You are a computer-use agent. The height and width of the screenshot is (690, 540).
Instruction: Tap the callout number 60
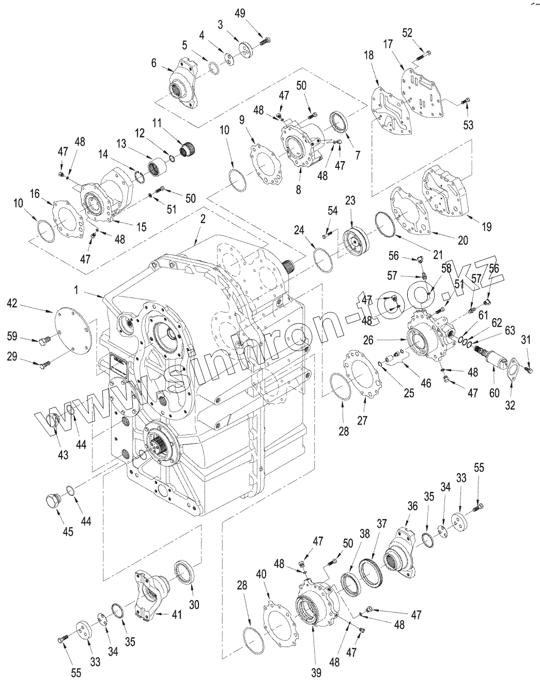pyautogui.click(x=495, y=394)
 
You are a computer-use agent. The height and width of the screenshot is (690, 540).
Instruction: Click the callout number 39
pyautogui.click(x=316, y=672)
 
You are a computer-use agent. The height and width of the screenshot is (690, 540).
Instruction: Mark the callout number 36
pyautogui.click(x=412, y=507)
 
